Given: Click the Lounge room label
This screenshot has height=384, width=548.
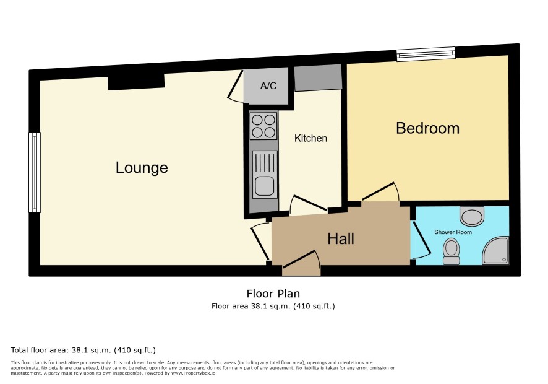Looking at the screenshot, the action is [142, 168].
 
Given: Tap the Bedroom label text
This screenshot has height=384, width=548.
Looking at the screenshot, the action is [427, 128].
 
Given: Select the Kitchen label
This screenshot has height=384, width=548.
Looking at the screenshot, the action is [310, 138].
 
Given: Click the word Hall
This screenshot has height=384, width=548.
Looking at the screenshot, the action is [341, 238].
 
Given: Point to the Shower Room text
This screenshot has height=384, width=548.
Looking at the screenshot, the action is [453, 232].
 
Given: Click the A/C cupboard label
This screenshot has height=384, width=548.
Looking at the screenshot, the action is [268, 85].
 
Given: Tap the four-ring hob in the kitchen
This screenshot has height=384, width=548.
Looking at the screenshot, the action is [263, 126].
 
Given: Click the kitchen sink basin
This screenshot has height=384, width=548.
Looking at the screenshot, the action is [264, 186].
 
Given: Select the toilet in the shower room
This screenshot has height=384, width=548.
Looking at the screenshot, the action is [451, 251].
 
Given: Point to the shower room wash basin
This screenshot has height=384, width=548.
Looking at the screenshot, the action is [472, 217].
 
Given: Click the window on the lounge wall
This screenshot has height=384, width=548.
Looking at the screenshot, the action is [35, 173].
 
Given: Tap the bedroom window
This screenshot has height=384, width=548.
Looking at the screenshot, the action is [426, 54].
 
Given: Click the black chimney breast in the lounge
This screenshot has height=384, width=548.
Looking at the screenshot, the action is [136, 82].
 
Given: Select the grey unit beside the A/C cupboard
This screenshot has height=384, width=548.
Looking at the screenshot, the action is [318, 78].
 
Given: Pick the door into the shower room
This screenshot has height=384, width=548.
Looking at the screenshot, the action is [420, 240].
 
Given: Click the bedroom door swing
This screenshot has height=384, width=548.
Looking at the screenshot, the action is [380, 192].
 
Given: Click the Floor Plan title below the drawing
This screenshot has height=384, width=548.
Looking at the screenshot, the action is [273, 294].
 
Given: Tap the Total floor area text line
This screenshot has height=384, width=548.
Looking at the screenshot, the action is [83, 350].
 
